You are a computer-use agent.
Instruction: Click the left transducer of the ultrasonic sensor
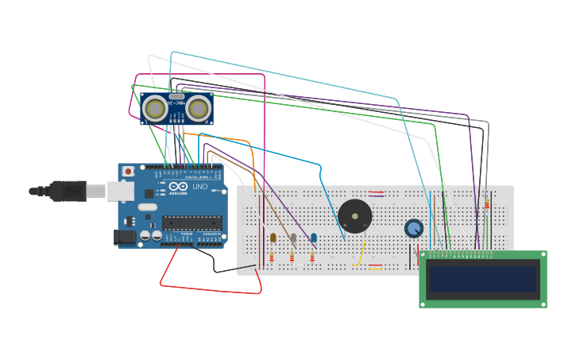[x=155, y=108]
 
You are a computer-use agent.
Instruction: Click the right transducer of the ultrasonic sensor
[x=199, y=108]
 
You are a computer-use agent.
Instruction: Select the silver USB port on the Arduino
[x=120, y=191]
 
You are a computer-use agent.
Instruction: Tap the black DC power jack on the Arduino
[x=125, y=237]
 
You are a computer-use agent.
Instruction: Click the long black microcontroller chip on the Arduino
[x=191, y=223]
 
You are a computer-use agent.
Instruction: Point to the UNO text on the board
[x=199, y=188]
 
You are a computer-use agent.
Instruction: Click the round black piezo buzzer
[x=354, y=216]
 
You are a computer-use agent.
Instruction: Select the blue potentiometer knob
[x=414, y=229]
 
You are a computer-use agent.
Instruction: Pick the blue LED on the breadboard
[x=314, y=238]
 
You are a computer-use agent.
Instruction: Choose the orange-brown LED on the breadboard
[x=273, y=238]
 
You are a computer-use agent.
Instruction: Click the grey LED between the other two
[x=293, y=238]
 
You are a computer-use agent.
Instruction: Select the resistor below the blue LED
[x=312, y=257]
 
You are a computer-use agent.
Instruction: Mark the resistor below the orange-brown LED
[x=272, y=257]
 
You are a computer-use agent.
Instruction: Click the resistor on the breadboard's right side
[x=487, y=204]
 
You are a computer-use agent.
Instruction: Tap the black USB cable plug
[x=67, y=191]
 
